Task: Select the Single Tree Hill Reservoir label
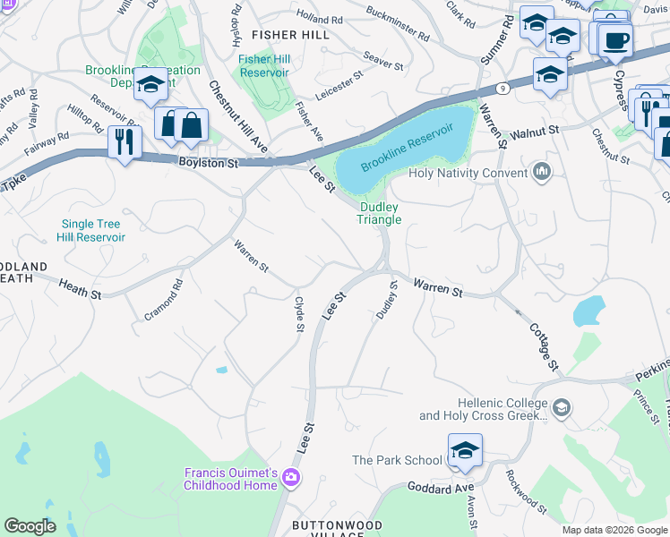(x=93, y=230)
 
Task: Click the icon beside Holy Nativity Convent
(x=540, y=172)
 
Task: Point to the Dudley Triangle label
(x=379, y=212)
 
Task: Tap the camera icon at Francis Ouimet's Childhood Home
(x=290, y=478)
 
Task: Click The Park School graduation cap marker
(x=465, y=451)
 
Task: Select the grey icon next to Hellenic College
(x=561, y=409)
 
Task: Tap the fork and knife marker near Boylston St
(x=124, y=141)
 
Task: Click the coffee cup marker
(x=615, y=40)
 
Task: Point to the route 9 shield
(x=503, y=89)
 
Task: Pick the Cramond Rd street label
(x=164, y=300)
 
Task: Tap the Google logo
(x=30, y=526)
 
